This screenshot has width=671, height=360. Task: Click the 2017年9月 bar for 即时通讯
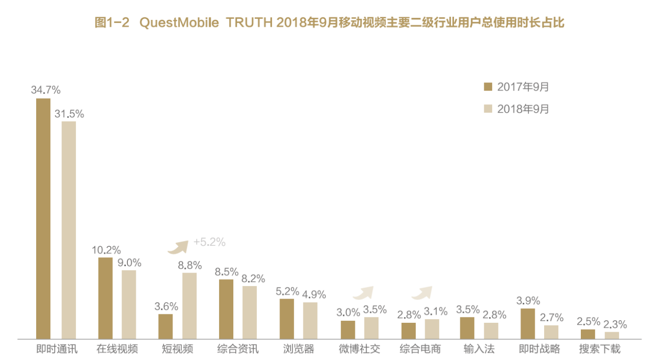[43, 219]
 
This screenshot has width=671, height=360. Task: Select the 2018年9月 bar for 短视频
[189, 306]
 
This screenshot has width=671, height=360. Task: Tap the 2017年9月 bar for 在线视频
[105, 298]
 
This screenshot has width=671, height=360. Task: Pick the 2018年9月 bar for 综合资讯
[250, 312]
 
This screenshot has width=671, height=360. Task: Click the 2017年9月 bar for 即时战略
[527, 323]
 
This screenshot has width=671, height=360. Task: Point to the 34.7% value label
[46, 90]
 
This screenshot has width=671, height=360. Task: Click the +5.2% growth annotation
[209, 242]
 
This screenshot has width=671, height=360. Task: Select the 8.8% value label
[190, 266]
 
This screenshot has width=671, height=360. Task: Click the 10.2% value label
[105, 250]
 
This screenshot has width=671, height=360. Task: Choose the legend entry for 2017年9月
[516, 87]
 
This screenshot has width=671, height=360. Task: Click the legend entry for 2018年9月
[516, 109]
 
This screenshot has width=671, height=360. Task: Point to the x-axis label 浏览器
[298, 349]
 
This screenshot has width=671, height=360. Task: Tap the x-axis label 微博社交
[359, 349]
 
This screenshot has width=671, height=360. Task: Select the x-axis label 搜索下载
[600, 349]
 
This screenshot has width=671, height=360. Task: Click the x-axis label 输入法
[480, 349]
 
